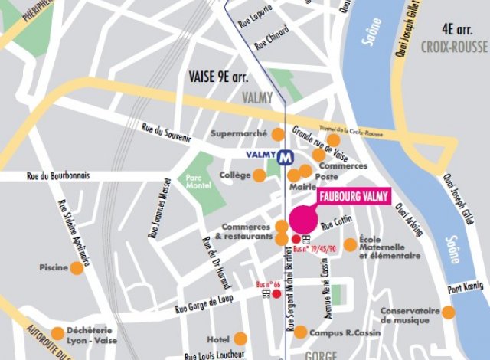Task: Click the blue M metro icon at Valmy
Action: (286, 155)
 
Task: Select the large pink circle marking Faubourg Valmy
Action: (303, 215)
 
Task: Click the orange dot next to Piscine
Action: (77, 268)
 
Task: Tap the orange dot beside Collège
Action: (260, 175)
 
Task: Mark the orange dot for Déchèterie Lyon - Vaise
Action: (57, 333)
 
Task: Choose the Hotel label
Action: (218, 339)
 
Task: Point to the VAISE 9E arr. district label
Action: (218, 77)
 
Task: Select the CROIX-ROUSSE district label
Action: (453, 47)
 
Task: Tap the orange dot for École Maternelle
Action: (350, 244)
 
